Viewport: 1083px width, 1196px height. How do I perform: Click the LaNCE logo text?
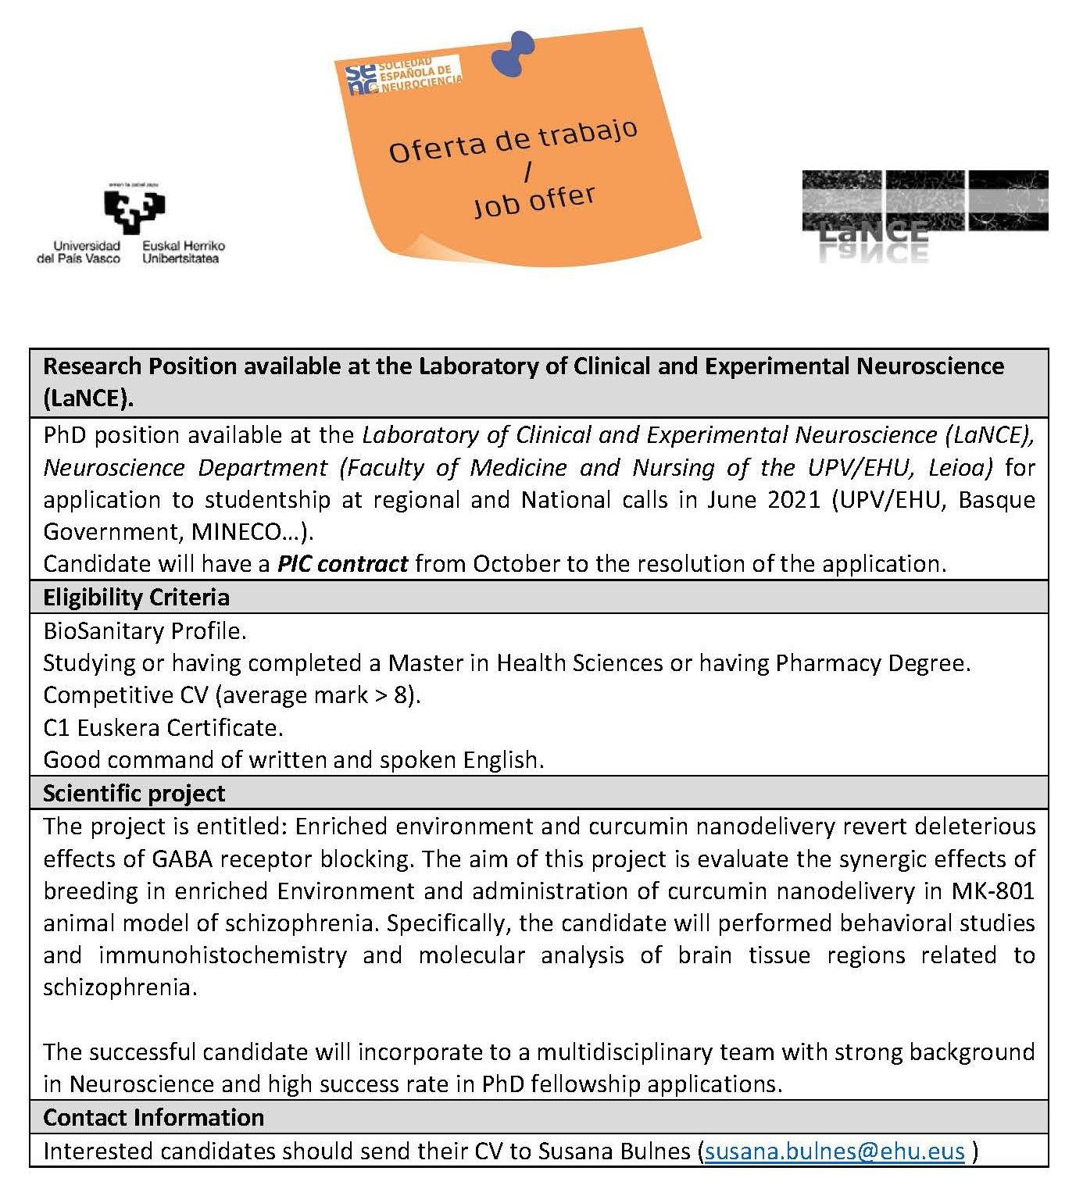tap(873, 232)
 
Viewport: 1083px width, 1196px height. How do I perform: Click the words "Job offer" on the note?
tap(534, 201)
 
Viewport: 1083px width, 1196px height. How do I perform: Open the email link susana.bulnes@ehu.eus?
tap(835, 1151)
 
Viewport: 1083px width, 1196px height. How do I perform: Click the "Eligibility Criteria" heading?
tap(136, 598)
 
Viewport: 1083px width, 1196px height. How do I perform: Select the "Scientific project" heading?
tap(134, 794)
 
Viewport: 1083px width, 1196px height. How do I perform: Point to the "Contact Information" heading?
tap(153, 1118)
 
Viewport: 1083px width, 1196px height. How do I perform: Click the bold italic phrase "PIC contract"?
tap(342, 564)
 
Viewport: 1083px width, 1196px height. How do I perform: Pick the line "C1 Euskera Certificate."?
tap(163, 728)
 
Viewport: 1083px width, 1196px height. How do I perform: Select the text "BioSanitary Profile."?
tap(145, 630)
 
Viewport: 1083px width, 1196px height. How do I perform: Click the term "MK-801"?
tap(992, 891)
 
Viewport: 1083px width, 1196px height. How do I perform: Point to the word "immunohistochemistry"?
tap(223, 955)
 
